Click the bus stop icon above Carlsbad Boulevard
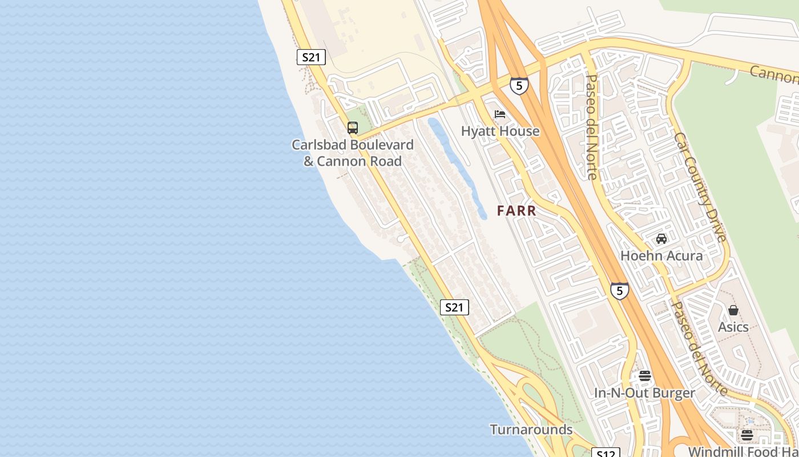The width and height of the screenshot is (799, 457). coord(353,127)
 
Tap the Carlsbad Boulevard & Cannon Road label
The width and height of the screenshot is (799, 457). coord(353,153)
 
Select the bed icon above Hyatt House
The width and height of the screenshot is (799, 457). coord(500,114)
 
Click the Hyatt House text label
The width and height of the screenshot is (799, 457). coord(500,131)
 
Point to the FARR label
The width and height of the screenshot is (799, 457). coord(516,211)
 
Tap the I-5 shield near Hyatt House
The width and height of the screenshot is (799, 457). coord(519,86)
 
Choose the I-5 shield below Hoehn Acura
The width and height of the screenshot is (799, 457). coord(619,290)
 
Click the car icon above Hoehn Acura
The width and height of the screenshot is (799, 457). coord(661,238)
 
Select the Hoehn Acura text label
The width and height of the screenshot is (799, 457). coord(661,255)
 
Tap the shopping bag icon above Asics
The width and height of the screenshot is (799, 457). coord(733,310)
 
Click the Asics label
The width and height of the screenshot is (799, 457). coord(733,327)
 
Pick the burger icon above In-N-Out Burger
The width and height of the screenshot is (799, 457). coord(645,376)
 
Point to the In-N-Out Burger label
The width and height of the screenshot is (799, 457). coord(645,393)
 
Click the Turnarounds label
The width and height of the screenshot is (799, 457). coord(531,430)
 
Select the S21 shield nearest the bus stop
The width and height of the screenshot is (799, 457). coord(311,57)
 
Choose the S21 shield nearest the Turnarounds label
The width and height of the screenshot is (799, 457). coord(454,307)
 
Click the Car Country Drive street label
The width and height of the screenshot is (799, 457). coord(700,187)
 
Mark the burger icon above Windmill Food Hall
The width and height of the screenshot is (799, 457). coord(747,435)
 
